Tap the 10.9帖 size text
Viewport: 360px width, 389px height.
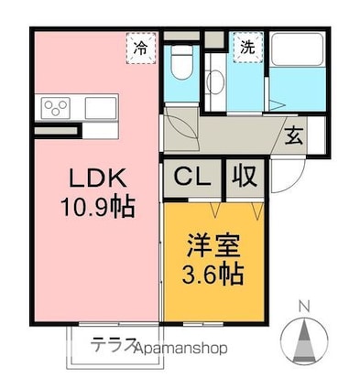(97, 207)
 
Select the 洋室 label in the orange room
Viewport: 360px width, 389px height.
(214, 246)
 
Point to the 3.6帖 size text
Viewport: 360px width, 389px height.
(214, 275)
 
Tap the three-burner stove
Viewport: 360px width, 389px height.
(56, 108)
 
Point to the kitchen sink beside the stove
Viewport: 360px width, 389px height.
(99, 108)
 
